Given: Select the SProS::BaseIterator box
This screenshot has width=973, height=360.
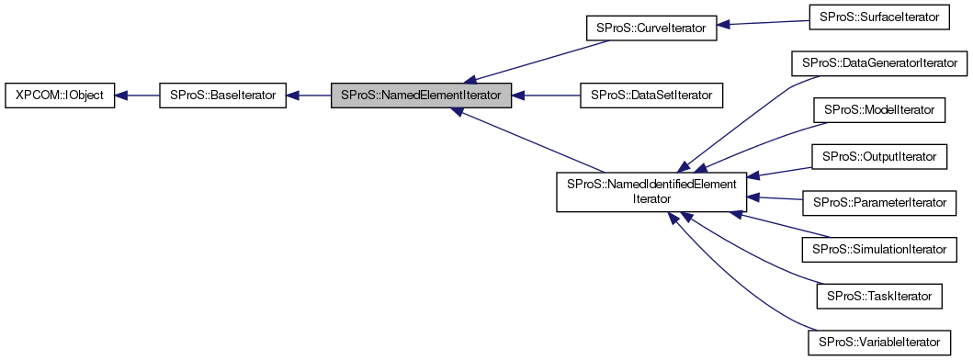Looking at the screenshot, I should (x=223, y=95).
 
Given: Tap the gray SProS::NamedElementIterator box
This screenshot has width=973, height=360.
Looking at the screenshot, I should (x=421, y=95).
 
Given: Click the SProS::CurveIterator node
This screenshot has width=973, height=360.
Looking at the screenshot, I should (x=650, y=28).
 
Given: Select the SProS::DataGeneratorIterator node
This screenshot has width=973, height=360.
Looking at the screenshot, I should (x=879, y=63).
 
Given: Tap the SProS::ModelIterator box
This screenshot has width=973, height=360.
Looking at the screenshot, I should (x=879, y=110).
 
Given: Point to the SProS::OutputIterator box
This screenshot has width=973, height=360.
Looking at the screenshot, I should (x=879, y=157).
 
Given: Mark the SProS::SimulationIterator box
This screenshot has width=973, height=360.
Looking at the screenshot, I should (x=879, y=249).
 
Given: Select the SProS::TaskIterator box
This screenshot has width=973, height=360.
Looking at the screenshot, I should (x=879, y=296).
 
